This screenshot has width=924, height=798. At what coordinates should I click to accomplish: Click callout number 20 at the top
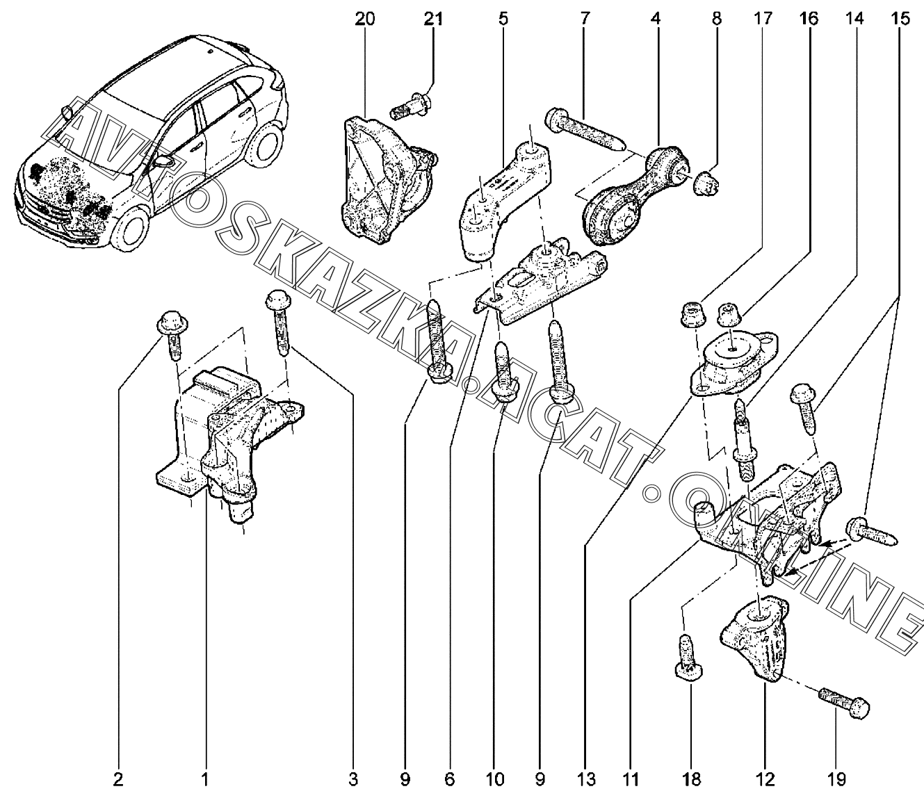click(365, 19)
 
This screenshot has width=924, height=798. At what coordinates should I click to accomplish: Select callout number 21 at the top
click(432, 19)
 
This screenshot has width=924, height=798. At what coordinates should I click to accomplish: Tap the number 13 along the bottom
click(586, 780)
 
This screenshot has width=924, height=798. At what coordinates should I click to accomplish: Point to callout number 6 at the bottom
click(450, 780)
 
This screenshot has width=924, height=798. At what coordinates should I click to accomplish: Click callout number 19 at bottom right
click(836, 780)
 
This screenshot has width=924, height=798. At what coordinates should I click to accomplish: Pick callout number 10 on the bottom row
click(494, 780)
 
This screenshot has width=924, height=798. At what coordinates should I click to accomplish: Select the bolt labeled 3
click(279, 321)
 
